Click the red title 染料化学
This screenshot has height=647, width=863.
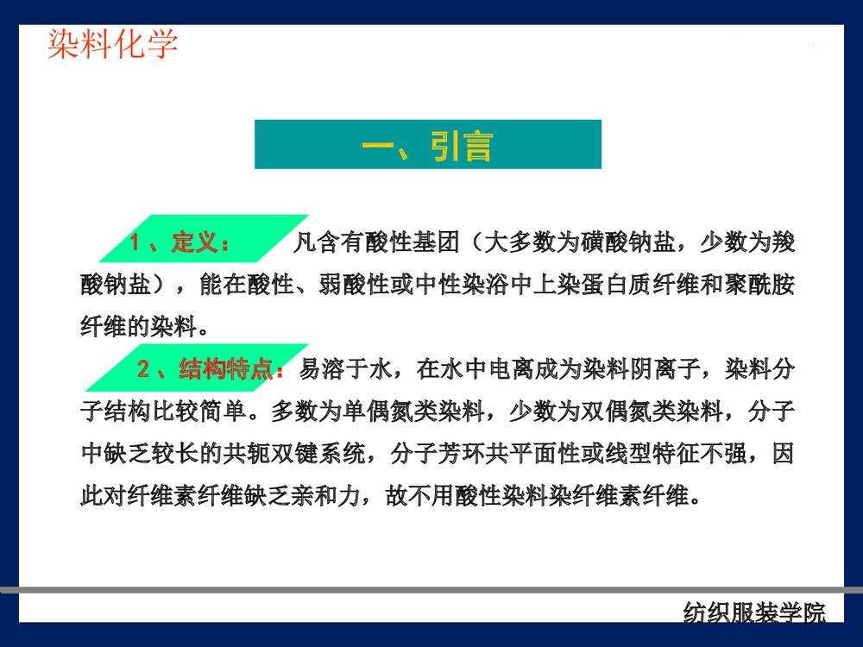[x=113, y=43]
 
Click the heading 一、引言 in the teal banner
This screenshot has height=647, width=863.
[x=428, y=145]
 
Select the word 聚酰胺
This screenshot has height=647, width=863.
[x=759, y=286]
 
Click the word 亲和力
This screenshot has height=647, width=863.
[x=343, y=497]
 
